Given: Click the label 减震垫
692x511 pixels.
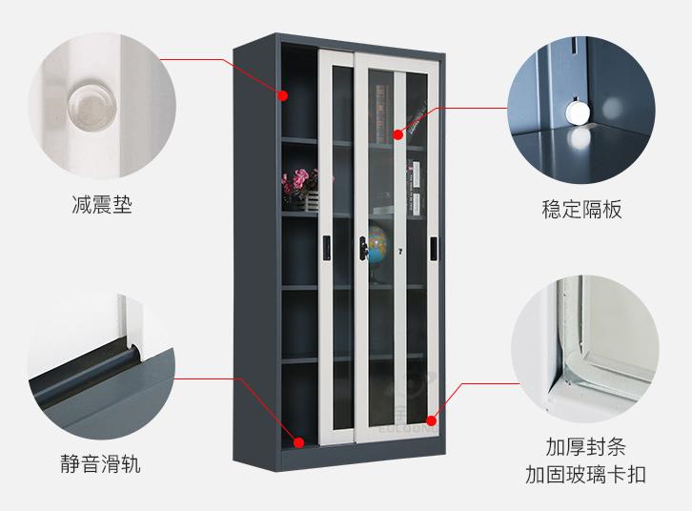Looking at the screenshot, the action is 102,205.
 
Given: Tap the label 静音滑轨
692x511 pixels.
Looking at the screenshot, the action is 101,463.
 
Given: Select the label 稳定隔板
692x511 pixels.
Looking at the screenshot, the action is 581,209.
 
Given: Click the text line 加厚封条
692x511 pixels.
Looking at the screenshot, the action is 585,446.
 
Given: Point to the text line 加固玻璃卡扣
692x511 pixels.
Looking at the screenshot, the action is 585,475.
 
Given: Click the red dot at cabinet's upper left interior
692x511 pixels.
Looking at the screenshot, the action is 282,95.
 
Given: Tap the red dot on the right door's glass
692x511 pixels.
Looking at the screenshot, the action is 398,134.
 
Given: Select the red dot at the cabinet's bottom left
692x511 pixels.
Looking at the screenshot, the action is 298,442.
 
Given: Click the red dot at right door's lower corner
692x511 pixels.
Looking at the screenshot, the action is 431,420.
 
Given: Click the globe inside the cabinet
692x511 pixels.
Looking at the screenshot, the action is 376,245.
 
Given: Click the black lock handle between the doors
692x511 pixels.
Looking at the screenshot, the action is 363,248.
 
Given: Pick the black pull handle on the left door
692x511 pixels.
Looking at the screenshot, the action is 326,248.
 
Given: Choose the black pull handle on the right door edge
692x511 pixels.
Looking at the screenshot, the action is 435,249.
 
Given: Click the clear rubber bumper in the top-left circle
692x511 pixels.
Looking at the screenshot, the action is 91,106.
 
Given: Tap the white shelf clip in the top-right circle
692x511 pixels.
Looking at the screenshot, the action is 579,112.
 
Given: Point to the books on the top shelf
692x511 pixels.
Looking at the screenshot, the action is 381,113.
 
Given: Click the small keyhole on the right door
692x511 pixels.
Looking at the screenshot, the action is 400,252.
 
